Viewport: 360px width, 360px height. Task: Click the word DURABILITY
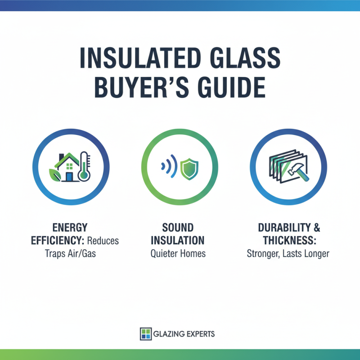tap(283, 227)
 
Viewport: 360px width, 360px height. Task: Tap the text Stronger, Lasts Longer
tap(288, 253)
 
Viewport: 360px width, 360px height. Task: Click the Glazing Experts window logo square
tap(145, 333)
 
